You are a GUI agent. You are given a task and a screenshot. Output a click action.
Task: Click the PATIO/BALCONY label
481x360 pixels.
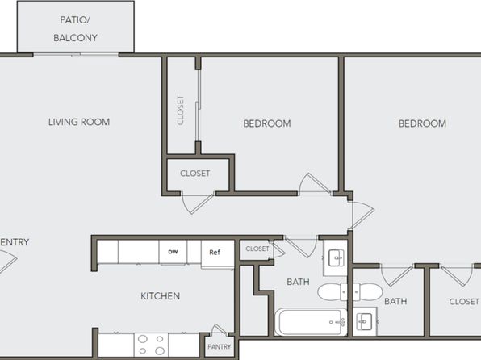pyautogui.click(x=75, y=29)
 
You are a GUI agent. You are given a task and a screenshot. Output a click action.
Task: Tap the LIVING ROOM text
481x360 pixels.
pyautogui.click(x=79, y=122)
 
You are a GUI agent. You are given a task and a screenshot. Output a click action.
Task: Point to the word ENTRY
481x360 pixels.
pyautogui.click(x=15, y=242)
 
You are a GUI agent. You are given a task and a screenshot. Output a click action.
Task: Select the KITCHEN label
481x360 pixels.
pyautogui.click(x=160, y=296)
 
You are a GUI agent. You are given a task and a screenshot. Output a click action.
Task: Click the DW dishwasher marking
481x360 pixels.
pyautogui.click(x=173, y=252)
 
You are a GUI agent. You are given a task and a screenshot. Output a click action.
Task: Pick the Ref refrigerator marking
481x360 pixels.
pyautogui.click(x=215, y=253)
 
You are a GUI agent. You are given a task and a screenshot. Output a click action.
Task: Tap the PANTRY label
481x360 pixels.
pyautogui.click(x=219, y=347)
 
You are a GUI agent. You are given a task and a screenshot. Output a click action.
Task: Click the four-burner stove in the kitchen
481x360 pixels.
pyautogui.click(x=151, y=345)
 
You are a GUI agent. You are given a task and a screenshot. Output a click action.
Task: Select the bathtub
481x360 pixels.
pyautogui.click(x=311, y=322)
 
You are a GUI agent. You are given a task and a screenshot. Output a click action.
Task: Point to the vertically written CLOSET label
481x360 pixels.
pyautogui.click(x=181, y=110)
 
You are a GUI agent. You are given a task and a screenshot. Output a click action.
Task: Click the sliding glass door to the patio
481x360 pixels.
pyautogui.click(x=76, y=55)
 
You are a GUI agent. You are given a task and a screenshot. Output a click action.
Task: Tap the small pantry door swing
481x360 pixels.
pyautogui.click(x=219, y=329)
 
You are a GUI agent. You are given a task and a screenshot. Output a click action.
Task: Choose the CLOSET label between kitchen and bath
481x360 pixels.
pyautogui.click(x=257, y=249)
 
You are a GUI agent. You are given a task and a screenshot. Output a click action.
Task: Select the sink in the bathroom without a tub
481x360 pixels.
pyautogui.click(x=365, y=322)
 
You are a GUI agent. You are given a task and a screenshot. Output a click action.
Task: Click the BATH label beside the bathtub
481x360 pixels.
pyautogui.click(x=298, y=282)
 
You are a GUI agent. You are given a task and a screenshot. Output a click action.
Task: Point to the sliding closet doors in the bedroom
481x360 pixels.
pyautogui.click(x=199, y=106)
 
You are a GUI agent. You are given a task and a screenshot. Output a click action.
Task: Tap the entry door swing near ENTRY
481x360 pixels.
pyautogui.click(x=7, y=261)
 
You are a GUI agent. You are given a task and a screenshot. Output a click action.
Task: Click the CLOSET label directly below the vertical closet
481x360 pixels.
pyautogui.click(x=194, y=174)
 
